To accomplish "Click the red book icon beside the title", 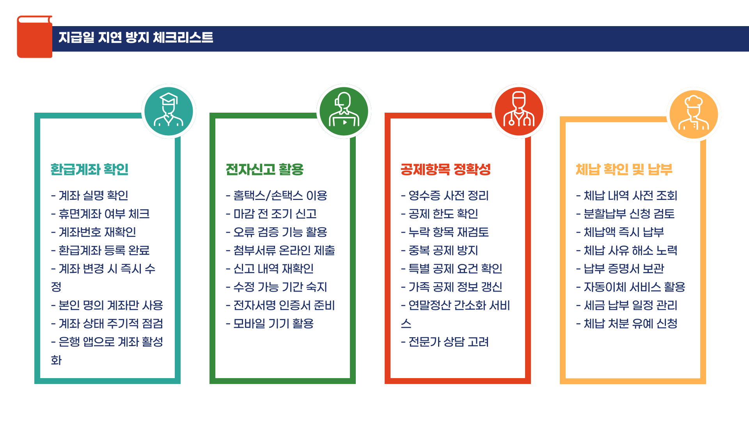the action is tap(34, 37).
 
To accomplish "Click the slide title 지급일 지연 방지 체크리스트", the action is tap(136, 37).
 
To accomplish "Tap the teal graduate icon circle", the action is tap(169, 111).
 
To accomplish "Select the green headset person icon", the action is tap(344, 111).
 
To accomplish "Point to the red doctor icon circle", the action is tap(519, 111).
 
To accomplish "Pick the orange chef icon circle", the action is tap(694, 114).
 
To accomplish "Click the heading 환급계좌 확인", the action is tap(89, 170).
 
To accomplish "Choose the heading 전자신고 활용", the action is tap(264, 170).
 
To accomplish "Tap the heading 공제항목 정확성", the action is tap(445, 170).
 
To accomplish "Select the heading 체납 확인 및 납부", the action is tap(624, 170).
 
